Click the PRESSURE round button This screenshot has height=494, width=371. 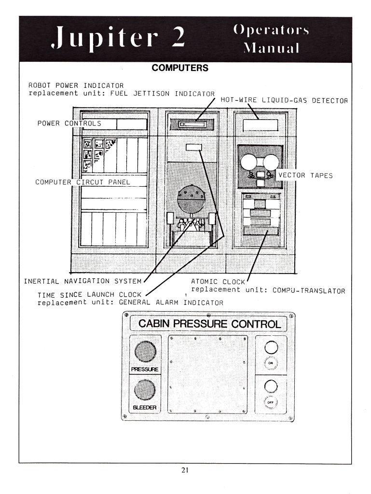pyautogui.click(x=145, y=351)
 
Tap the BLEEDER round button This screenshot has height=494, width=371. pyautogui.click(x=145, y=390)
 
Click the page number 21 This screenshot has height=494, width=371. pyautogui.click(x=185, y=470)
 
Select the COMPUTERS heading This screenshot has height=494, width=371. pyautogui.click(x=180, y=68)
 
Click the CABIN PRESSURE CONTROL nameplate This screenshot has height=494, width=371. pyautogui.click(x=209, y=324)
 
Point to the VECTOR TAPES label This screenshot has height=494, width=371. pyautogui.click(x=305, y=176)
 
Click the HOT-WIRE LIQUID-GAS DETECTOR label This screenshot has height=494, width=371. pyautogui.click(x=284, y=100)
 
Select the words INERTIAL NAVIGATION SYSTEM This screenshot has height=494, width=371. pyautogui.click(x=83, y=281)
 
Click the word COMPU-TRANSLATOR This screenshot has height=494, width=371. pyautogui.click(x=309, y=290)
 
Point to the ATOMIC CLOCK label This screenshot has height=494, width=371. pyautogui.click(x=218, y=282)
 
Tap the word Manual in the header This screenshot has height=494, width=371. pyautogui.click(x=272, y=48)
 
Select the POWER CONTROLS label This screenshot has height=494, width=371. pyautogui.click(x=69, y=123)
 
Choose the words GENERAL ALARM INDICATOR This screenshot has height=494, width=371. pyautogui.click(x=171, y=303)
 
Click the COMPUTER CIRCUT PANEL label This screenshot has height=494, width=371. pyautogui.click(x=82, y=182)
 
